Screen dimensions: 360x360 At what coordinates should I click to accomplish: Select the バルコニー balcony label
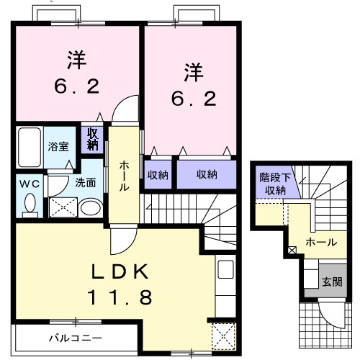click(x=76, y=337)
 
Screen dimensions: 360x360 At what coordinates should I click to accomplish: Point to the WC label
click(x=29, y=182)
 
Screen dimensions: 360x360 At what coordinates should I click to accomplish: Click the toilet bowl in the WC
click(x=29, y=204)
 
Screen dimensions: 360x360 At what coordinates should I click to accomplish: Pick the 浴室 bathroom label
click(x=58, y=147)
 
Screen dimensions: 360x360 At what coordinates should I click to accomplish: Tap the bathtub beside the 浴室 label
click(x=30, y=147)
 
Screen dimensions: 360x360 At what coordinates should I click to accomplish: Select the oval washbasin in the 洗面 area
click(x=90, y=208)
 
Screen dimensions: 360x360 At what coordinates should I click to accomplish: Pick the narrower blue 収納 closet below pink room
click(x=158, y=174)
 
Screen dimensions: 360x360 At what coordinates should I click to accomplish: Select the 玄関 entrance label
click(x=331, y=282)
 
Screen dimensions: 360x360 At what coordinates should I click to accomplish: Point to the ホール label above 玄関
click(x=320, y=242)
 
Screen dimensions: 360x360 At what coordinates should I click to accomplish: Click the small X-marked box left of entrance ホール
click(x=292, y=251)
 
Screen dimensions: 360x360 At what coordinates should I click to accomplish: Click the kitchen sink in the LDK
click(x=225, y=272)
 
